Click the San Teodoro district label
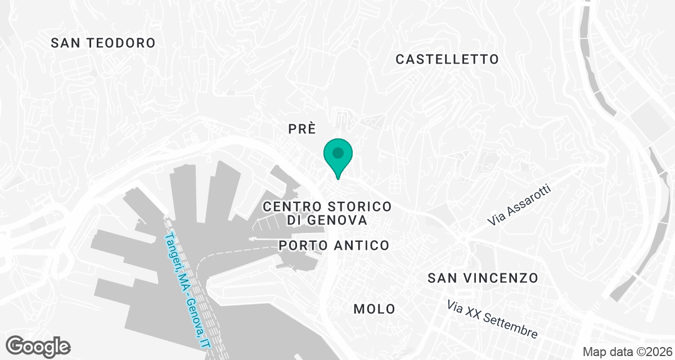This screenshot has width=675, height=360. click(x=103, y=43)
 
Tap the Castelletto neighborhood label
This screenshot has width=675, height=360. click(x=447, y=59)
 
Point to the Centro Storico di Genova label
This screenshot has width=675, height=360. click(x=327, y=213)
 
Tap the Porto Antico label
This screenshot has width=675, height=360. click(x=334, y=245)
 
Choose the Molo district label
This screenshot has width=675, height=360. click(x=374, y=309)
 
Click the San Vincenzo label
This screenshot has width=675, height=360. click(x=483, y=278)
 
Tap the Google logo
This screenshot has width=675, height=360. click(x=38, y=346)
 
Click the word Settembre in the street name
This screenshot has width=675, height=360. click(x=511, y=326)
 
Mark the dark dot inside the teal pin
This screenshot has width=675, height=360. click(x=338, y=152)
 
